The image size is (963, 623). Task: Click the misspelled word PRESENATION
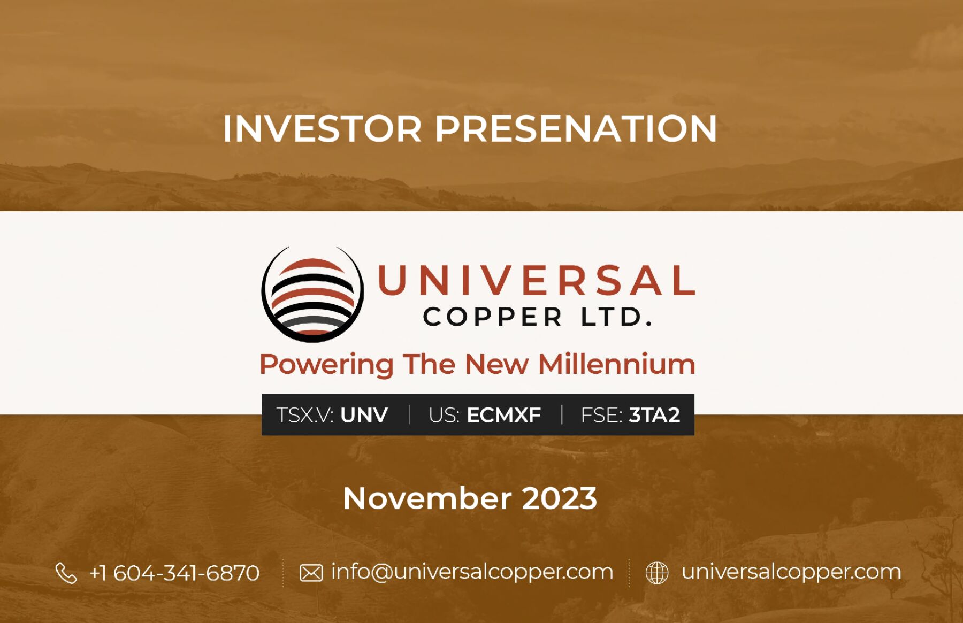[576, 129]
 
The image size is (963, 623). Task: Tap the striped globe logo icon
[312, 294]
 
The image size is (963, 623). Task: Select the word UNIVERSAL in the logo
[537, 280]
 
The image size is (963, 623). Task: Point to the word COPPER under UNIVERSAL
[493, 317]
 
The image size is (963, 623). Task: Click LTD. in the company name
[617, 317]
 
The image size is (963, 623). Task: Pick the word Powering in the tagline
[326, 365]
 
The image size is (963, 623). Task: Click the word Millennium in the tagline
[617, 364]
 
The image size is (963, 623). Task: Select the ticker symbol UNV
[364, 415]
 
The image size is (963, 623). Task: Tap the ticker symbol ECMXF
[503, 415]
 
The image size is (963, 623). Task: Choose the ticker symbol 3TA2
[654, 415]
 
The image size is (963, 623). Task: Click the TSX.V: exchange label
[305, 415]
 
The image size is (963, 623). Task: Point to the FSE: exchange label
[601, 415]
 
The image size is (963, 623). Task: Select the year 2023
[559, 498]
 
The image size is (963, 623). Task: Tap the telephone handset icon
[66, 573]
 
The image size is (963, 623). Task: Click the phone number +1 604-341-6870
[174, 573]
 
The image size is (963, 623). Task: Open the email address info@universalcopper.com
[472, 572]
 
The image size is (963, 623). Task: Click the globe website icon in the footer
[657, 573]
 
